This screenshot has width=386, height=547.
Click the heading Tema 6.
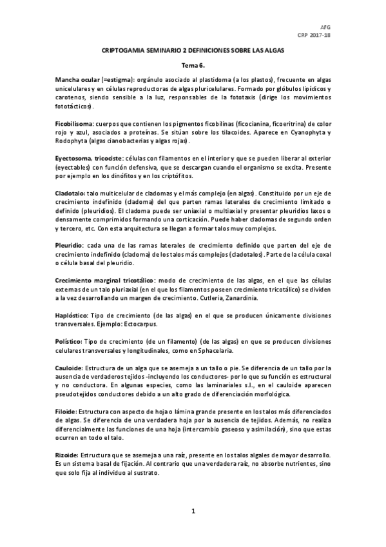(x=193, y=65)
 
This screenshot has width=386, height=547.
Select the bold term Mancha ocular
(x=82, y=78)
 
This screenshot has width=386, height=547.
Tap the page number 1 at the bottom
(x=193, y=511)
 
